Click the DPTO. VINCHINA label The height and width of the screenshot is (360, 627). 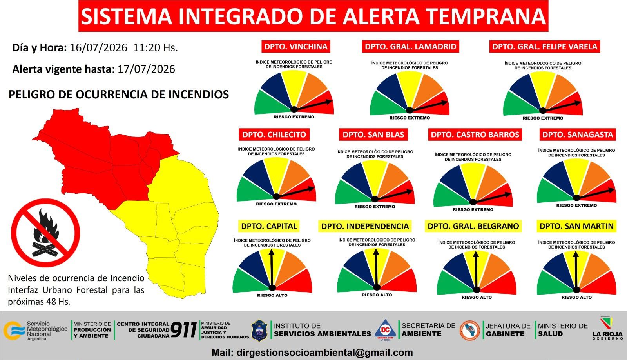pos(296,47)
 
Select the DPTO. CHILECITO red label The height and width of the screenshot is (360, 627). pos(274,135)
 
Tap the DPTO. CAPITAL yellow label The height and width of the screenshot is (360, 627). pos(269,226)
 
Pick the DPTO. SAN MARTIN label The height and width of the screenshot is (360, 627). pos(576,226)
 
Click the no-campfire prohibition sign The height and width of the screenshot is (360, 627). pos(45,233)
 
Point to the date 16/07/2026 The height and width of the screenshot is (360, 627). pos(98,47)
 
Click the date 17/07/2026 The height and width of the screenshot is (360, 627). pos(146,69)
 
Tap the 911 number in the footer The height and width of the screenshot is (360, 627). pos(184,330)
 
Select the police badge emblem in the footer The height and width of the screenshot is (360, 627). pos(259,331)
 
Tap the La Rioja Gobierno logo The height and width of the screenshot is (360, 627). pos(607,328)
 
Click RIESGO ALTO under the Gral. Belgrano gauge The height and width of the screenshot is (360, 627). pos(477,297)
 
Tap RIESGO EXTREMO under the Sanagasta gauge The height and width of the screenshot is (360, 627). pos(576,205)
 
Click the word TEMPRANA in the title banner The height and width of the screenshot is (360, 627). pos(486,16)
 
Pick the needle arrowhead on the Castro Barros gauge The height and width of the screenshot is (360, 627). pos(507,195)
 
